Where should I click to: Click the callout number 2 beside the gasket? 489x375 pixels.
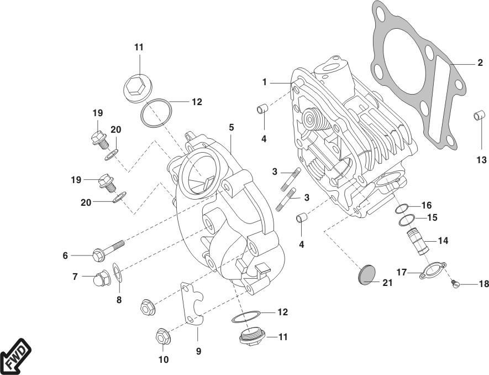(480, 63)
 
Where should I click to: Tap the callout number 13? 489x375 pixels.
(482, 160)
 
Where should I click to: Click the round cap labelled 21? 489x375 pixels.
(365, 275)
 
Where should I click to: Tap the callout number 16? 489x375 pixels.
(427, 205)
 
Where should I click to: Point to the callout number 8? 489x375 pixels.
(118, 300)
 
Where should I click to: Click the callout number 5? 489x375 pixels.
(232, 127)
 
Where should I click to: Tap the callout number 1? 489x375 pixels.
(265, 82)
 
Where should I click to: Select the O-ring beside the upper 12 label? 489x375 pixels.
(156, 114)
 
